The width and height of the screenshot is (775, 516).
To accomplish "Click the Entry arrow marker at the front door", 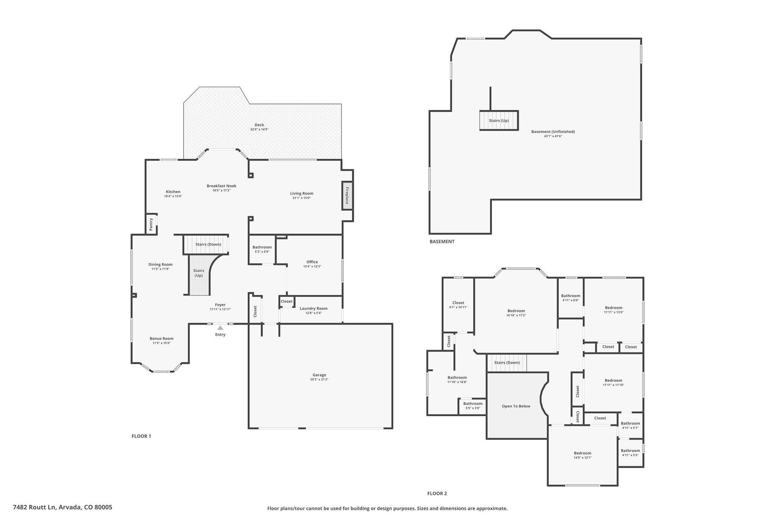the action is pyautogui.click(x=220, y=328).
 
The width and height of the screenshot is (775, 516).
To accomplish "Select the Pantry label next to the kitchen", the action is pyautogui.click(x=151, y=224).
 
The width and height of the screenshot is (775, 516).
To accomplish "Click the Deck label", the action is pyautogui.click(x=259, y=125).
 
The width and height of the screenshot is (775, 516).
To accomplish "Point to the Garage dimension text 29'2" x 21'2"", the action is pyautogui.click(x=319, y=380).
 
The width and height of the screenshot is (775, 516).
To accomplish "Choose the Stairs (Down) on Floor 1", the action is pyautogui.click(x=206, y=244).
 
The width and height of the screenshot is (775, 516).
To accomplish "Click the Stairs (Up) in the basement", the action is pyautogui.click(x=499, y=121).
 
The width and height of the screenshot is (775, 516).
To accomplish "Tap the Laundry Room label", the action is pyautogui.click(x=314, y=308).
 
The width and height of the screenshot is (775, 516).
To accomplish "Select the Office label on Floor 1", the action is pyautogui.click(x=312, y=262).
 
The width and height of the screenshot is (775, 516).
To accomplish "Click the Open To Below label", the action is pyautogui.click(x=516, y=406).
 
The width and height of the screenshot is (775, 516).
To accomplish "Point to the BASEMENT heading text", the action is pyautogui.click(x=442, y=242).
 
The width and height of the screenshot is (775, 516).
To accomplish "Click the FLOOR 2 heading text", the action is pyautogui.click(x=437, y=493).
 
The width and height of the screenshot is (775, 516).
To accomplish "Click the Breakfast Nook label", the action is pyautogui.click(x=221, y=186).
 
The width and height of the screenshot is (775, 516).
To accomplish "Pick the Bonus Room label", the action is pyautogui.click(x=162, y=339).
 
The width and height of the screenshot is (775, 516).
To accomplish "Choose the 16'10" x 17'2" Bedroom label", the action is pyautogui.click(x=516, y=313).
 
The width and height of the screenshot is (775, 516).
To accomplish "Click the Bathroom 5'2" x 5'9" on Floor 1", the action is pyautogui.click(x=262, y=249).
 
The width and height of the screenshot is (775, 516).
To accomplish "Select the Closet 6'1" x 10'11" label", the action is pyautogui.click(x=458, y=305).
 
